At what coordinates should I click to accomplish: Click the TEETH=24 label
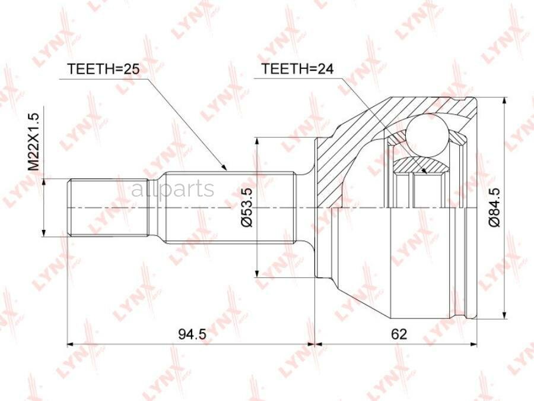pos(297,69)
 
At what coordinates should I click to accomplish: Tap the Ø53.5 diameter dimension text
pos(248,206)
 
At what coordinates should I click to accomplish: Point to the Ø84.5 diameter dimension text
pos(495,206)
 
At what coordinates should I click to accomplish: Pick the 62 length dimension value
pos(399,334)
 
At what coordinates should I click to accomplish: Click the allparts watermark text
pos(172,190)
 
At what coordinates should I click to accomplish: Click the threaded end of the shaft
pos(107,207)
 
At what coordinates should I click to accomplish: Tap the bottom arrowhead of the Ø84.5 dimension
pos(504,315)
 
